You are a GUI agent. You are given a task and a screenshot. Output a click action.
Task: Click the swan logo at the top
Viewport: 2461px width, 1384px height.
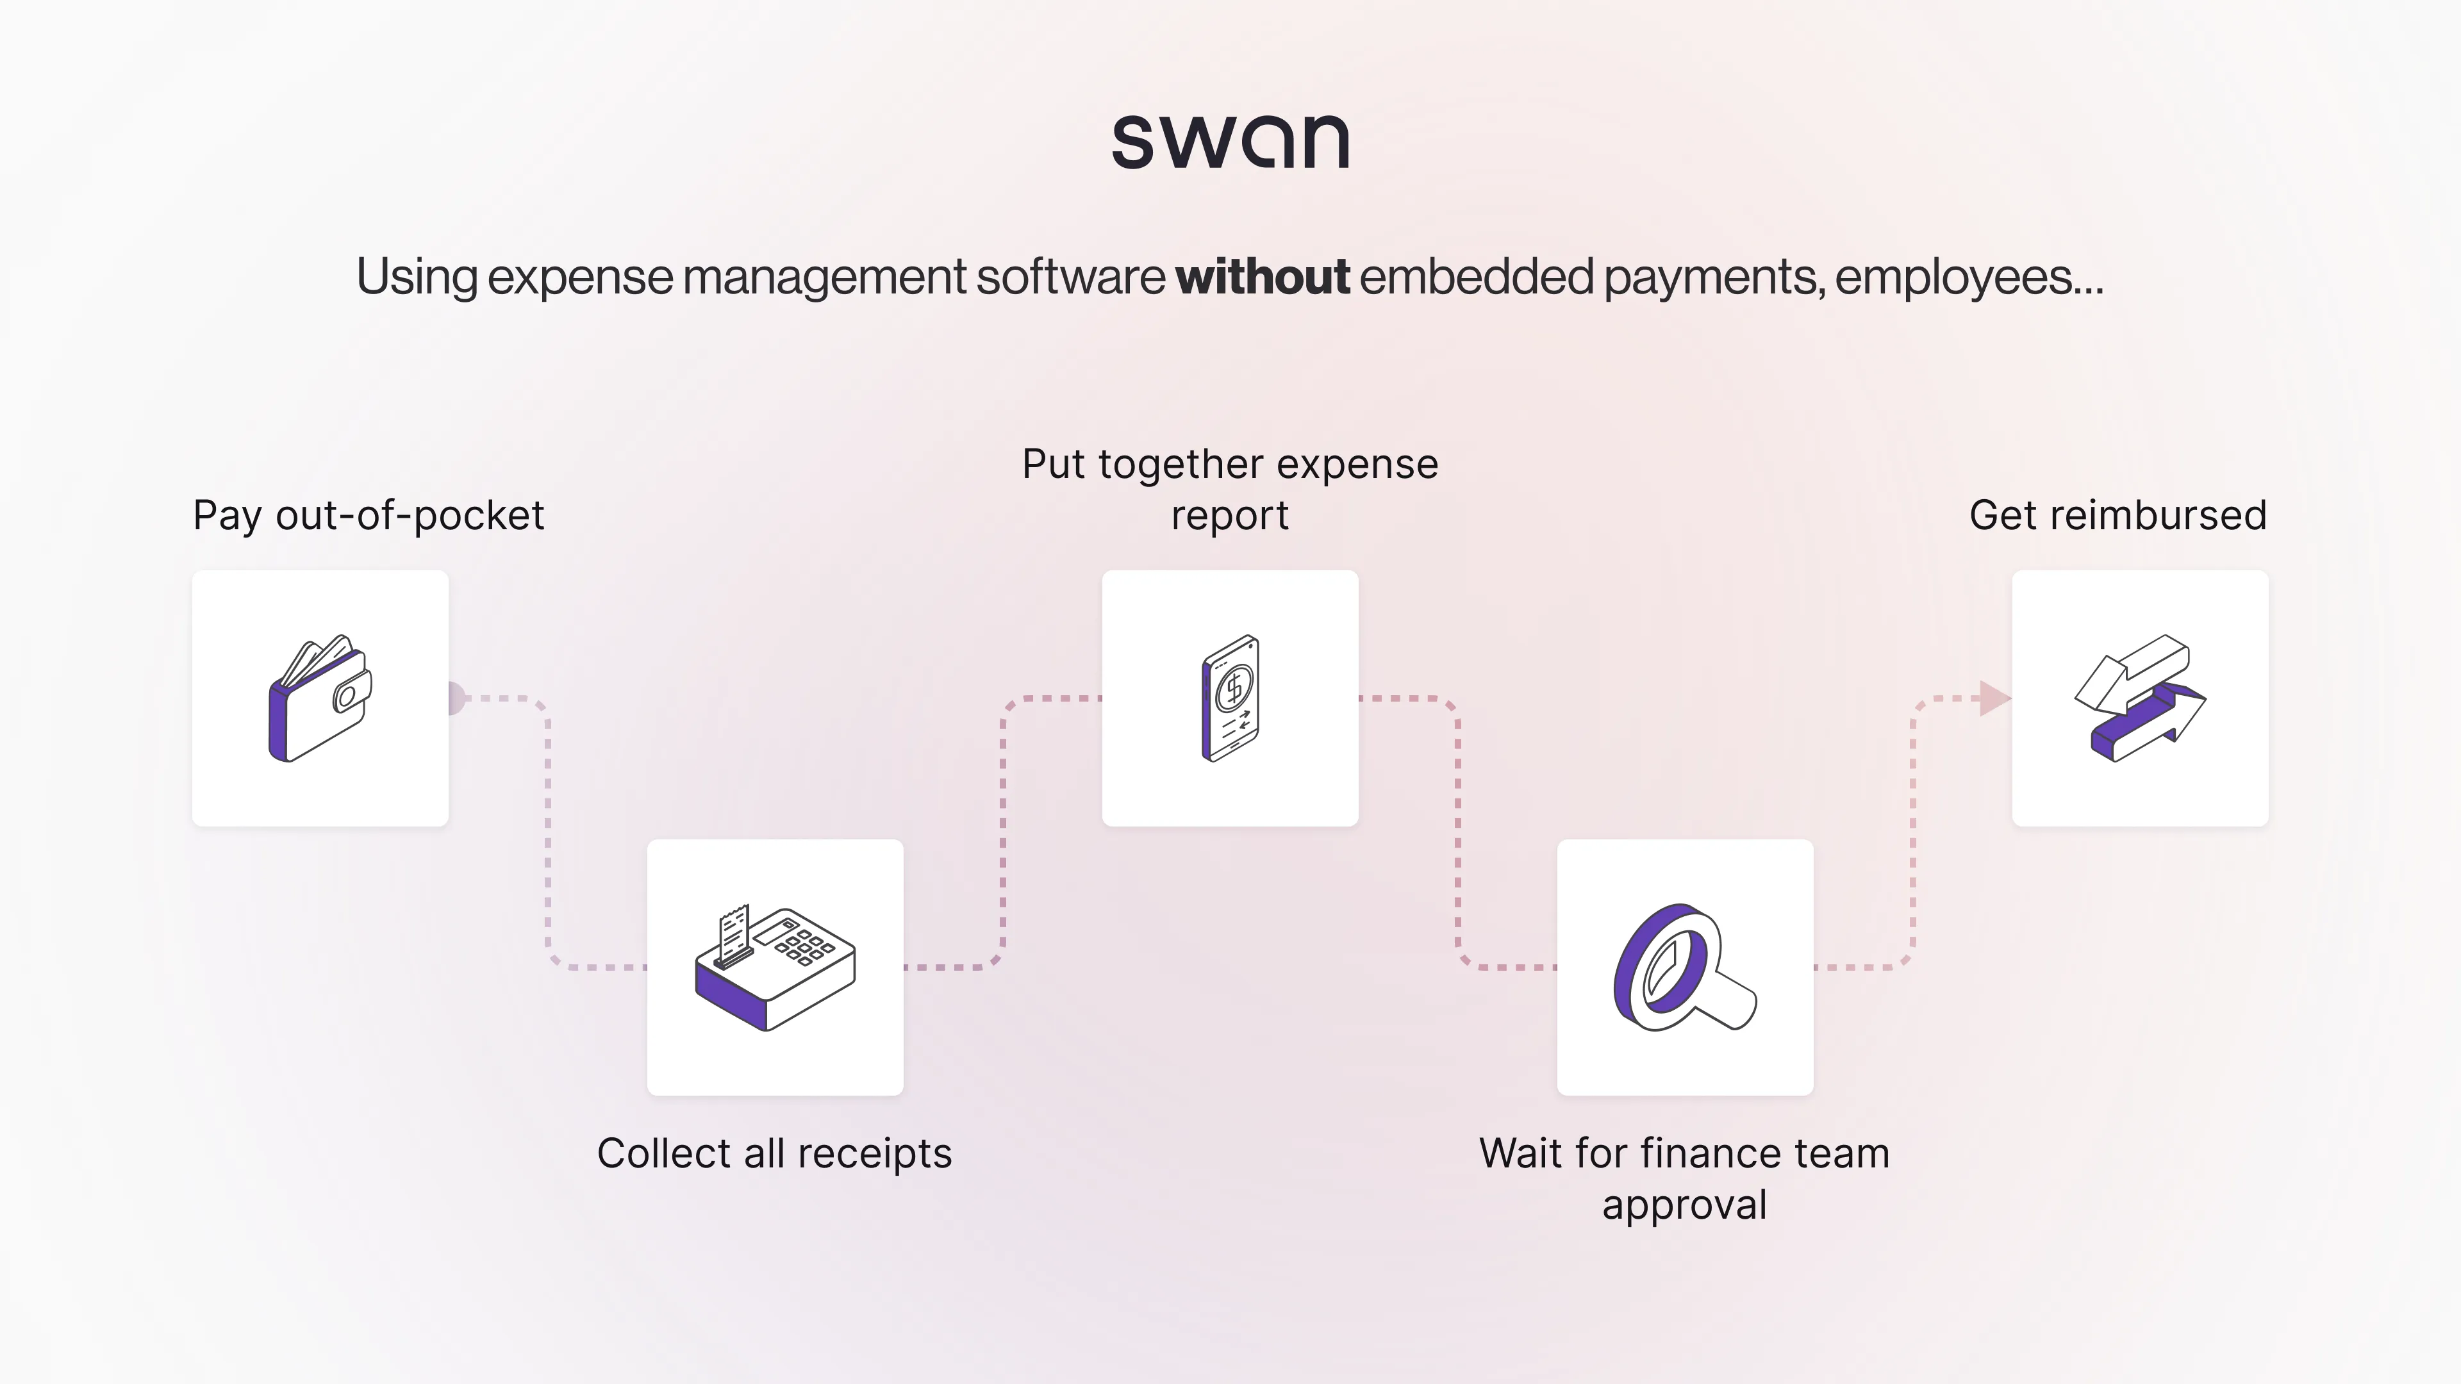tap(1230, 142)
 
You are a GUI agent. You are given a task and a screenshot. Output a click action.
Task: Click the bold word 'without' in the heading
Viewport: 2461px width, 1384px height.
tap(1262, 277)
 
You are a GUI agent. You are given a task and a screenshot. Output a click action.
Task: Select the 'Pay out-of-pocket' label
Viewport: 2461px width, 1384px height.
tap(368, 516)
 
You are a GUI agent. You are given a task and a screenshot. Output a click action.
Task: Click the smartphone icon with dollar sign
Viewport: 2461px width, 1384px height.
tap(1230, 698)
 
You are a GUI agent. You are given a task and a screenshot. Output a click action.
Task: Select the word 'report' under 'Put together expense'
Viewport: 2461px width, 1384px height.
tap(1230, 516)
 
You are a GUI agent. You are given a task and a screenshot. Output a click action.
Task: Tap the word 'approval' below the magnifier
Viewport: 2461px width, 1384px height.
tap(1684, 1205)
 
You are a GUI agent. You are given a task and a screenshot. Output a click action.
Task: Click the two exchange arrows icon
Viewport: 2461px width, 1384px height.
tap(2140, 698)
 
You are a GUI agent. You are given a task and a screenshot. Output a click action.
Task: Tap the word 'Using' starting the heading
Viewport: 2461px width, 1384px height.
tap(417, 277)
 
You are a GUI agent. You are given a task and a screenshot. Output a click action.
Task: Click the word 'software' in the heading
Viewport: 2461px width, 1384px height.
tap(1070, 277)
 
